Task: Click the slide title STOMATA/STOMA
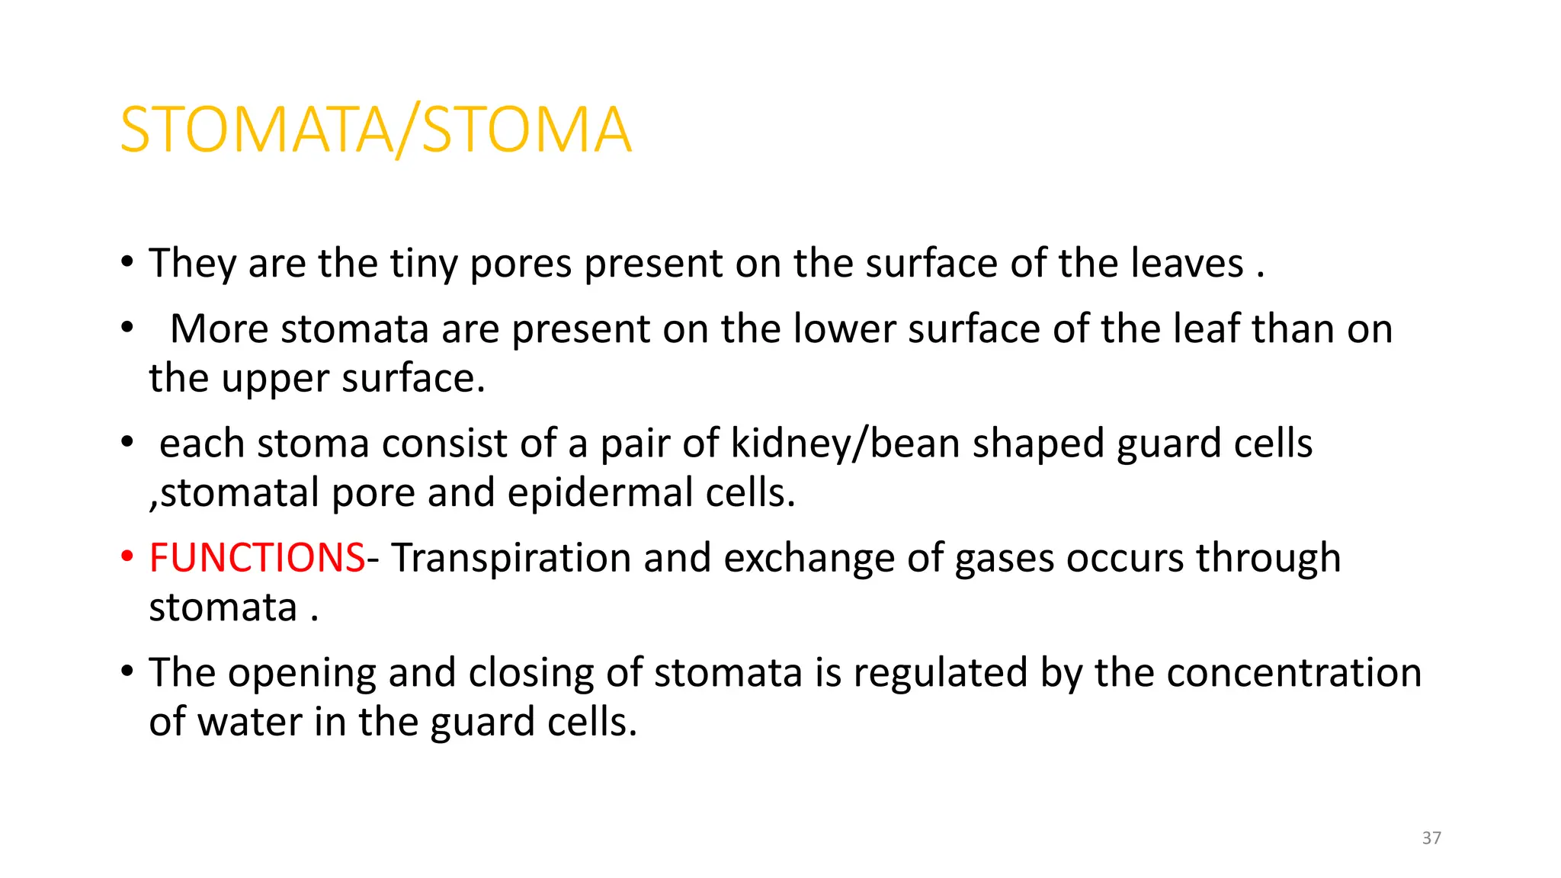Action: (x=376, y=130)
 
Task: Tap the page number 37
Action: (x=1431, y=838)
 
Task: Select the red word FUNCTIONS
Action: (x=257, y=557)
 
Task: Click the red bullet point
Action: (x=127, y=557)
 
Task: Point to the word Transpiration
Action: (x=511, y=559)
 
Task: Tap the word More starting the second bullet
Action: (x=219, y=329)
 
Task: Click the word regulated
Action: (x=941, y=674)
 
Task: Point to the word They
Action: (x=192, y=264)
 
